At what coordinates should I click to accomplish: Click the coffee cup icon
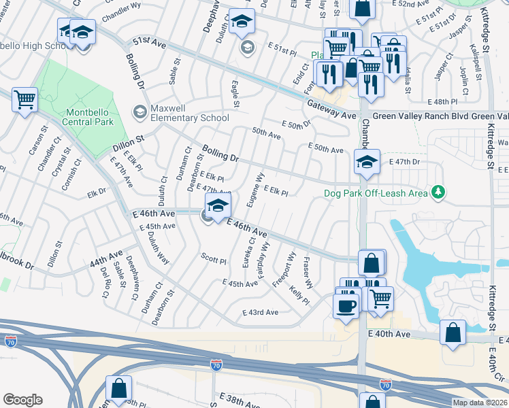coord(346,305)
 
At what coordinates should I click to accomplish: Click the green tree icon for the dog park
coord(439,193)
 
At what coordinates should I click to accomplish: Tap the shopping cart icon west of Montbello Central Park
coord(25,101)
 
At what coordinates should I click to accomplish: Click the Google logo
coord(22,399)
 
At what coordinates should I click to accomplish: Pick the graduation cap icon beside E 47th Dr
coord(366,163)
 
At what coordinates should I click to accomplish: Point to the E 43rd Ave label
coord(261,312)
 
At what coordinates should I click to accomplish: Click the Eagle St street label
coord(235,95)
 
